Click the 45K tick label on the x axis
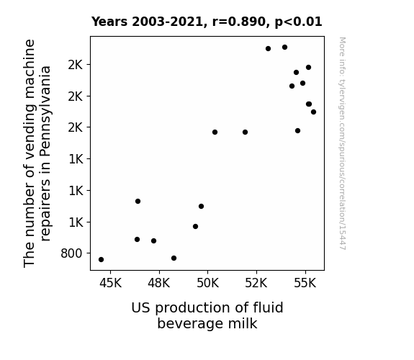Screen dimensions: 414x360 110,284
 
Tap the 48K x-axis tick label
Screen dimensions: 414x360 159,284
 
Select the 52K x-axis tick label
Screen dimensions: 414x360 256,284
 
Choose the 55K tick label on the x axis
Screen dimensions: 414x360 305,284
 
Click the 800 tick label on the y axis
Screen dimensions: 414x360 71,253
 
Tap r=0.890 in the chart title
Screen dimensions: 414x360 239,22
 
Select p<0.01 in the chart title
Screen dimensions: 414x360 299,22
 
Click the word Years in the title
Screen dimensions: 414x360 109,22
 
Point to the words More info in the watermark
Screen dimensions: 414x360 343,56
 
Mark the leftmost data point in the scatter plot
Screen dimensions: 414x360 101,260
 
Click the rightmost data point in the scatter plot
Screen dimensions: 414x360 313,112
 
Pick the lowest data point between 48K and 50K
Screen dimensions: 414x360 174,258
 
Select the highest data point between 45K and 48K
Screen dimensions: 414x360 138,202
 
